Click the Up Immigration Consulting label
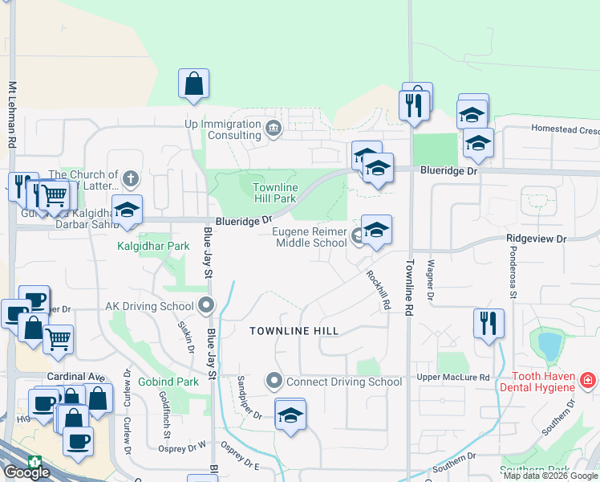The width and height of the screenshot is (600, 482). pos(223,129)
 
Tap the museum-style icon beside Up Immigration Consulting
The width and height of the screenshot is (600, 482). pos(273,129)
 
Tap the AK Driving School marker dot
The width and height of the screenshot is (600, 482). pos(206,305)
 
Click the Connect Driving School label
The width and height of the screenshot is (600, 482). pos(344,382)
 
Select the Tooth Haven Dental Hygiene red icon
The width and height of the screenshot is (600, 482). pos(588,378)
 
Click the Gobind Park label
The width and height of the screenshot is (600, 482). pos(168,382)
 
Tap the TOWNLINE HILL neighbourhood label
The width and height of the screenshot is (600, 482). pos(294,331)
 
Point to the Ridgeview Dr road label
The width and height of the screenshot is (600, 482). pos(536,239)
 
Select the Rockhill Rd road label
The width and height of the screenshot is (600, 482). pos(378,289)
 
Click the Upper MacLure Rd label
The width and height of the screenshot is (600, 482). pos(452,378)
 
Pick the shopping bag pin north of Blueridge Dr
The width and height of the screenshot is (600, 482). pos(194,84)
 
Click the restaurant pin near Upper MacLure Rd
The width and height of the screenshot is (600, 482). pos(489,324)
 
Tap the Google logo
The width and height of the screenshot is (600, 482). pos(26,472)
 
